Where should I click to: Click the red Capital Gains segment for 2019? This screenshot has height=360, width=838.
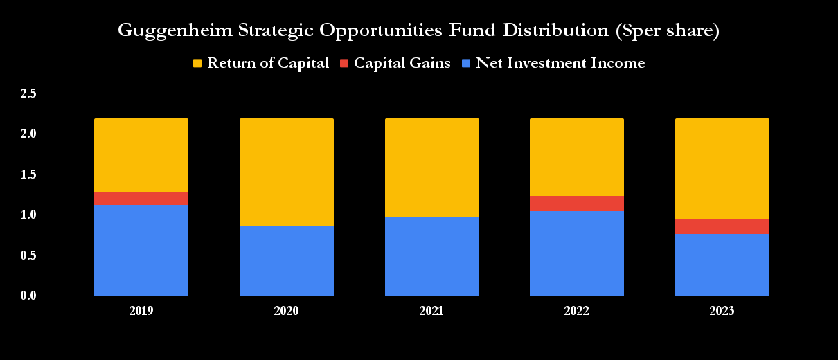click(141, 198)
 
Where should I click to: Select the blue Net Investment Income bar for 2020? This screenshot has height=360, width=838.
click(287, 260)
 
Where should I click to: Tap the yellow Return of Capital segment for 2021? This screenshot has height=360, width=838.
click(431, 168)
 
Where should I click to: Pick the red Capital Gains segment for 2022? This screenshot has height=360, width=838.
click(577, 204)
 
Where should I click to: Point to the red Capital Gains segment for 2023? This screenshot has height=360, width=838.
click(722, 226)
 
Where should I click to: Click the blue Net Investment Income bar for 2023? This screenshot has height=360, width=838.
click(722, 264)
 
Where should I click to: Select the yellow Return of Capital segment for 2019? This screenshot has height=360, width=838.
click(141, 155)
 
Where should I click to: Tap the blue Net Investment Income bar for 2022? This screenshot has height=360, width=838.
click(577, 253)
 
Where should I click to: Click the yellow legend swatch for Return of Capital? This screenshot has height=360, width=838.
click(197, 64)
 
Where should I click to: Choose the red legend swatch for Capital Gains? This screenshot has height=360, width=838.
click(344, 64)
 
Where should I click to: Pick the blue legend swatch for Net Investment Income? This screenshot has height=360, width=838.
click(466, 64)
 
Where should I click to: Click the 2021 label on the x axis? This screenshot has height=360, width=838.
click(431, 312)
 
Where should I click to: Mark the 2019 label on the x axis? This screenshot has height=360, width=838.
click(141, 312)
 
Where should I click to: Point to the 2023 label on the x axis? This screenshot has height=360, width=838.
click(722, 312)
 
